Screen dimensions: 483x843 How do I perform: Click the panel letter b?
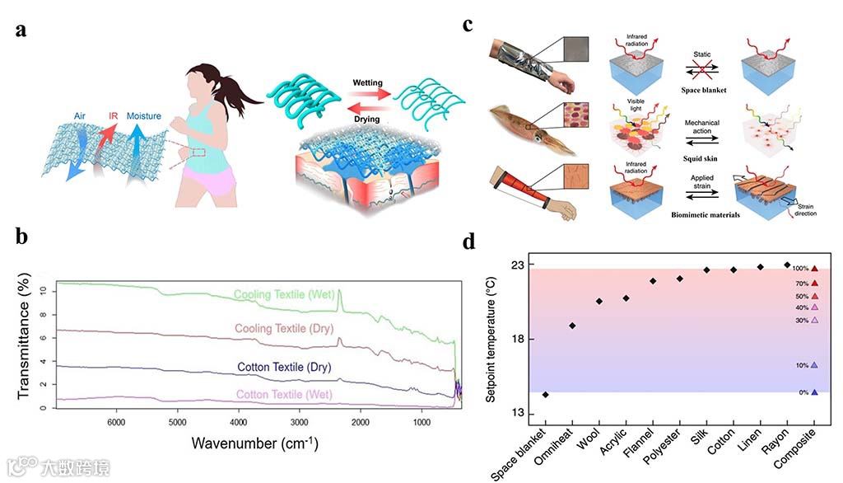22,237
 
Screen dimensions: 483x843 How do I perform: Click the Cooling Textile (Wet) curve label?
282,294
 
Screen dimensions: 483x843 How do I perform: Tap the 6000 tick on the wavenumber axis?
115,423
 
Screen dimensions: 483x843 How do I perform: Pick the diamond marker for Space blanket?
545,395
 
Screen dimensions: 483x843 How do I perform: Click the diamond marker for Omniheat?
572,326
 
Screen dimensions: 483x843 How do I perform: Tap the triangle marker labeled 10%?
814,365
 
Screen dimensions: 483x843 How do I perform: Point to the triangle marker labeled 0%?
814,392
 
